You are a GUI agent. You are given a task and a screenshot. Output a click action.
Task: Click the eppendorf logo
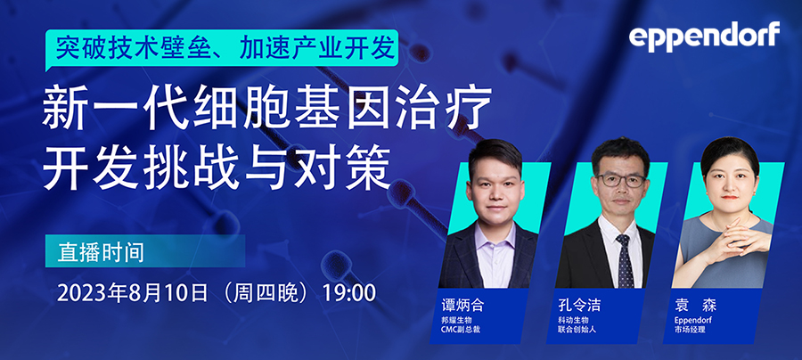tap(703, 36)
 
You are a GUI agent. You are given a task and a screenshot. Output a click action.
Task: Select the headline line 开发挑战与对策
tap(217, 164)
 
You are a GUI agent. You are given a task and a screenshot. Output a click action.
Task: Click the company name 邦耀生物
tap(458, 321)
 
